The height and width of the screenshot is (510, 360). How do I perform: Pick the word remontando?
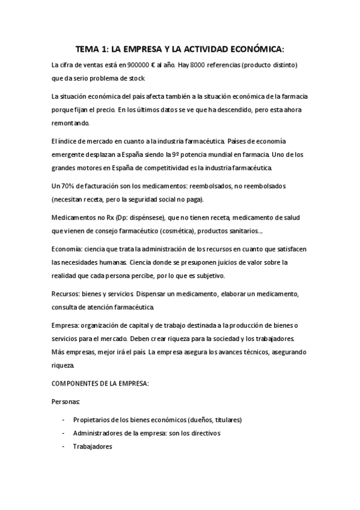click(70, 123)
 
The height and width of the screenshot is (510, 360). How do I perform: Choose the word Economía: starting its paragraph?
click(68, 248)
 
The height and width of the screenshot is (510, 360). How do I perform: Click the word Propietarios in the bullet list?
click(95, 420)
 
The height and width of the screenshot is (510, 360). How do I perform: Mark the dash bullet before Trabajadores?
click(64, 447)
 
